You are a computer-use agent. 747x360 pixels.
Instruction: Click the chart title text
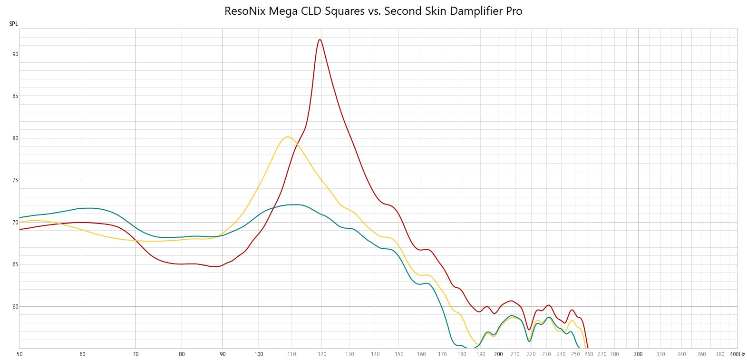coord(373,11)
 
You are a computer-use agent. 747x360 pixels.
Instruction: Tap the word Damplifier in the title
coord(476,11)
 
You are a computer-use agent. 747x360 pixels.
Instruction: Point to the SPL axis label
coord(13,24)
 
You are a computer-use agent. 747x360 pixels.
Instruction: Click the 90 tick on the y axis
coord(15,54)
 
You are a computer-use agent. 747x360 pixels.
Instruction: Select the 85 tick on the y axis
coord(15,96)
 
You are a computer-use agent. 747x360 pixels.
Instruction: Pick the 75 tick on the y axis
coord(15,180)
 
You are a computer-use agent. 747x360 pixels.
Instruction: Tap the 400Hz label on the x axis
coord(737,354)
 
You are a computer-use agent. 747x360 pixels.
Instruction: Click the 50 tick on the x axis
coord(19,354)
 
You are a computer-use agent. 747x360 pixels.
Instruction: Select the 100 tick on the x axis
coord(259,354)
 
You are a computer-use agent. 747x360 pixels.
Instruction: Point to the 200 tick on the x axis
coord(498,354)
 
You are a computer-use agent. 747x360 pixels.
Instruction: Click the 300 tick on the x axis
coord(638,354)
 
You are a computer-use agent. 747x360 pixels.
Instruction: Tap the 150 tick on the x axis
coord(399,354)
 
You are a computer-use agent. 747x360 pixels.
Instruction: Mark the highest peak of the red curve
coord(320,39)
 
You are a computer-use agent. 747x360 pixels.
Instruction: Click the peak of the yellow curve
coord(287,137)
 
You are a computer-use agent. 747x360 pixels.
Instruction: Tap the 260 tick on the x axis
coord(589,354)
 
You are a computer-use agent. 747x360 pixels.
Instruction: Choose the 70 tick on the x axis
coord(136,354)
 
